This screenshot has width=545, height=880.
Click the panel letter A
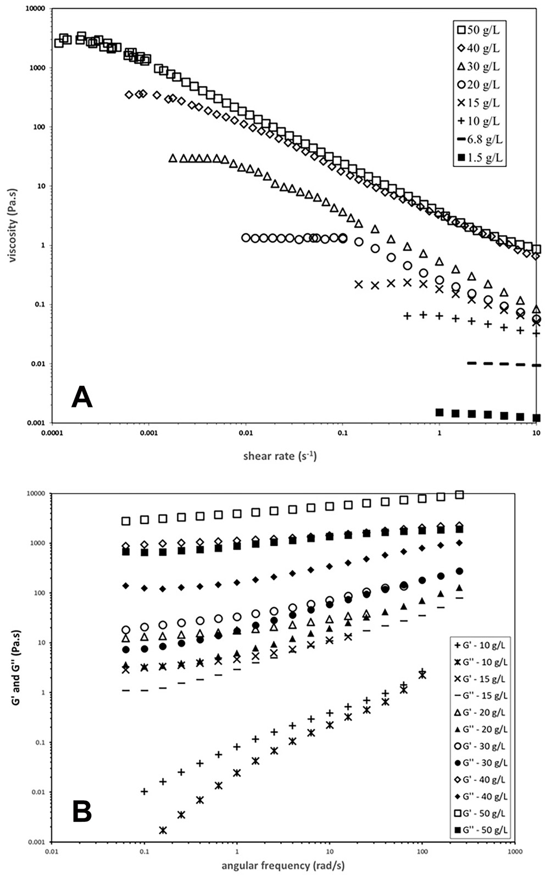point(82,397)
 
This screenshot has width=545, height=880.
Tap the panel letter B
point(82,812)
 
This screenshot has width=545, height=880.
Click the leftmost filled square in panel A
point(440,412)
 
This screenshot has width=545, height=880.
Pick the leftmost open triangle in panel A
point(173,158)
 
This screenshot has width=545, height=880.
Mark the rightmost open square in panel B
point(459,495)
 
